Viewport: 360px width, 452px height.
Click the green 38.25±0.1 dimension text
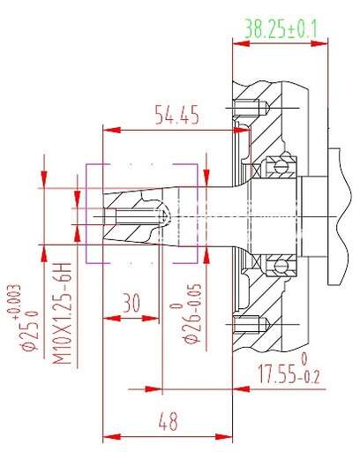tap(281, 29)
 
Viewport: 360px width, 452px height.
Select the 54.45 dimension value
tap(176, 114)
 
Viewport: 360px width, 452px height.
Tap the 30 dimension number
tap(131, 303)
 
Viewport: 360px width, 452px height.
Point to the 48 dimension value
tap(168, 421)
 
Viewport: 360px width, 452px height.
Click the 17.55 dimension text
tap(277, 374)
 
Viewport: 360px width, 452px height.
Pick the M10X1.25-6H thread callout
tap(62, 313)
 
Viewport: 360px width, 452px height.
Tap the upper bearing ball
tap(280, 167)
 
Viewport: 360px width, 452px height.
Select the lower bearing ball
tap(280, 267)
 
